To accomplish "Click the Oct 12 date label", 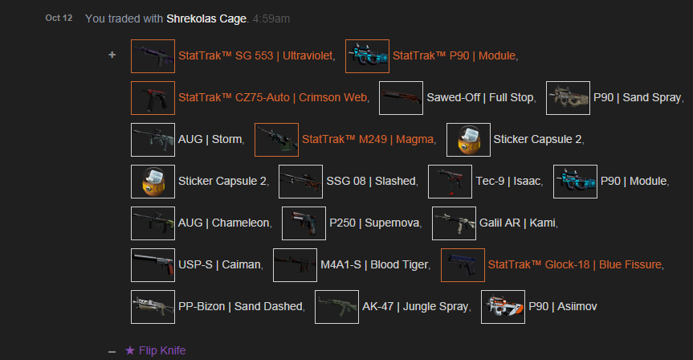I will click(x=59, y=17).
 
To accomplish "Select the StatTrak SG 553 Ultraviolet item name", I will click(x=256, y=55).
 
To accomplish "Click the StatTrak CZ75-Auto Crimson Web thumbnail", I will click(x=153, y=97).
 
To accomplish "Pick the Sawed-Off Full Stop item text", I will click(x=480, y=97).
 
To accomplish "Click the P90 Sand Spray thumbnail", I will click(x=568, y=97).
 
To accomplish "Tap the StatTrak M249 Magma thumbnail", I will click(x=276, y=139).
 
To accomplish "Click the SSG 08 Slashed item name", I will click(x=371, y=181).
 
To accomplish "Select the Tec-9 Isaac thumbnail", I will click(x=450, y=181).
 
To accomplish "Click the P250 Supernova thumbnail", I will click(x=304, y=223).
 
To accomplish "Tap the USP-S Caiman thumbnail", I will click(x=153, y=264).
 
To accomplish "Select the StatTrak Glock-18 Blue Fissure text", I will click(x=574, y=264).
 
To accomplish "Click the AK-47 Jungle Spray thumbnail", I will click(x=336, y=306).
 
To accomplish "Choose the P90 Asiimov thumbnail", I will click(x=503, y=306).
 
